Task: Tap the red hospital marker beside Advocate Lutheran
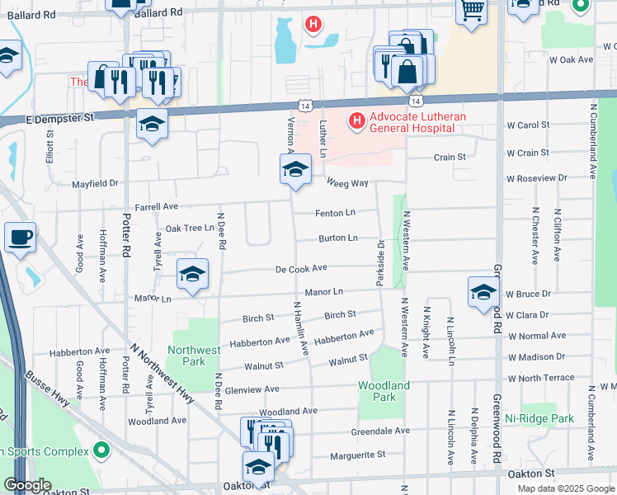pyautogui.click(x=356, y=122)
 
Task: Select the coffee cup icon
pyautogui.click(x=21, y=237)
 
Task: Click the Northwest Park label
pyautogui.click(x=194, y=356)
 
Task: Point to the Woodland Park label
pyautogui.click(x=384, y=391)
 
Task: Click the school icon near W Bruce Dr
pyautogui.click(x=483, y=292)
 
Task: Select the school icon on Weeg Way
pyautogui.click(x=294, y=170)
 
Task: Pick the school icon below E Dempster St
pyautogui.click(x=152, y=124)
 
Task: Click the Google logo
pyautogui.click(x=27, y=485)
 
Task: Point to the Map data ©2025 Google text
pyautogui.click(x=565, y=488)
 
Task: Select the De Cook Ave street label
pyautogui.click(x=302, y=268)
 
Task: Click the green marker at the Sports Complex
pyautogui.click(x=101, y=450)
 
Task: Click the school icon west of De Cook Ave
pyautogui.click(x=192, y=274)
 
